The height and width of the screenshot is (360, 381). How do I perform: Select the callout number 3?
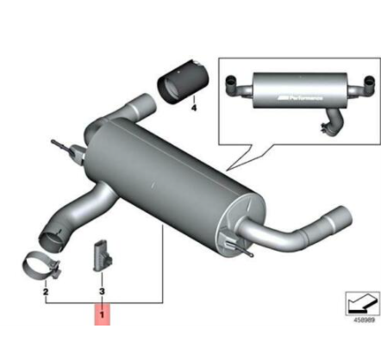[103, 293]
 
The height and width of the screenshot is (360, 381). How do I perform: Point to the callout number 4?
[193, 109]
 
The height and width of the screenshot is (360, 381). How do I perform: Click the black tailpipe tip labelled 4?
[179, 84]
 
